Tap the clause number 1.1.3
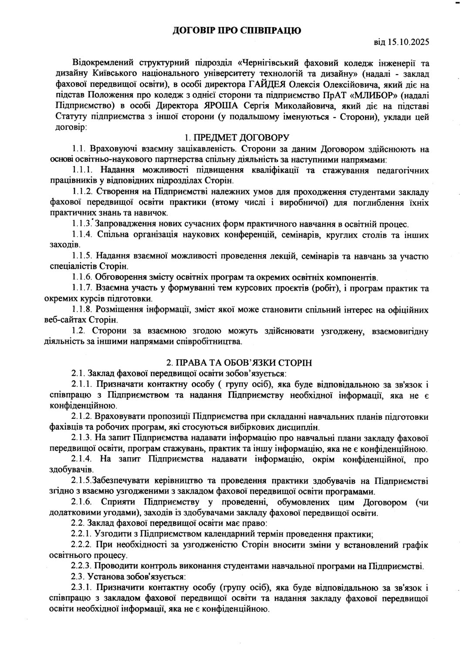pos(82,224)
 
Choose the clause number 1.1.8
pos(82,309)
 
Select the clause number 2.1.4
pos(82,459)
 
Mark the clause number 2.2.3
pos(82,567)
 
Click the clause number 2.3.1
pos(82,587)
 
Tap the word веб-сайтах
pos(70,320)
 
